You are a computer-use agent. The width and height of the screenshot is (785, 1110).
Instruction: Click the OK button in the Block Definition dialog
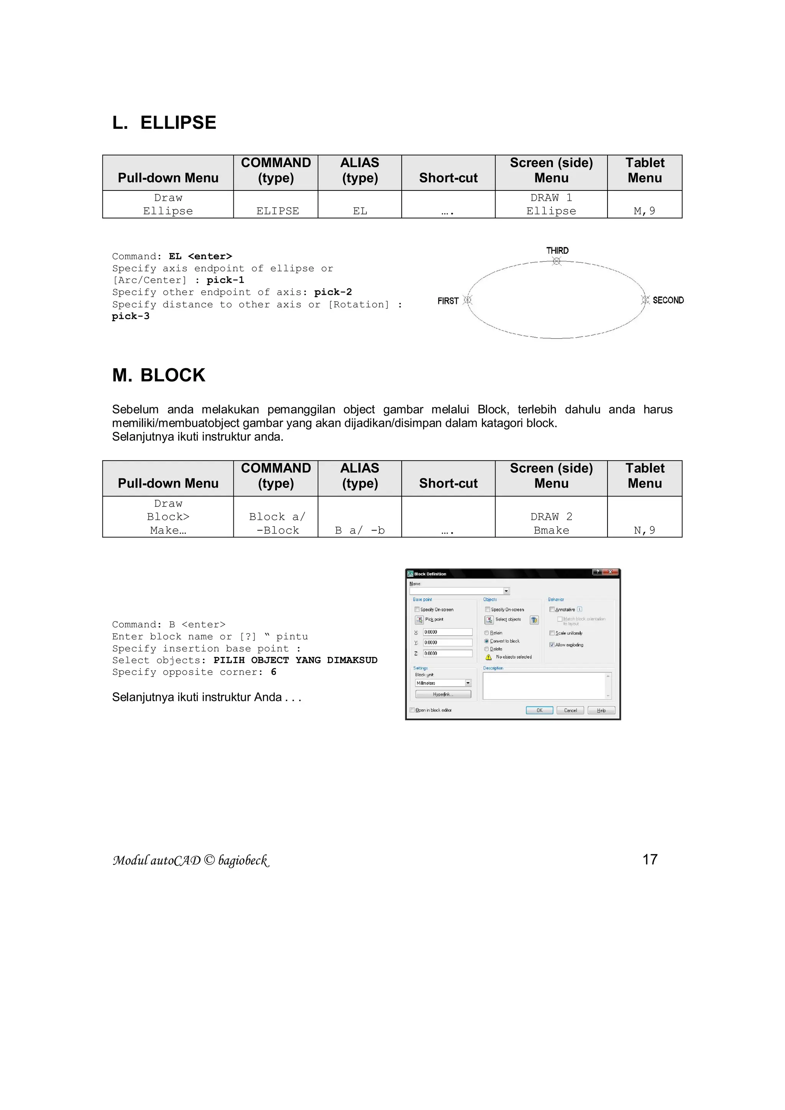coord(539,710)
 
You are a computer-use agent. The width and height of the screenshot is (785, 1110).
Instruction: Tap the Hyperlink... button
coord(443,694)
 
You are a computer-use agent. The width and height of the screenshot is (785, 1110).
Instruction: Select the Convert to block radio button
coord(487,641)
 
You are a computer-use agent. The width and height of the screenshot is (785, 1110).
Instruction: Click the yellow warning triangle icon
coord(488,657)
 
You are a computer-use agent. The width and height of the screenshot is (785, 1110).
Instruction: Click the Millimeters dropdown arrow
coord(468,683)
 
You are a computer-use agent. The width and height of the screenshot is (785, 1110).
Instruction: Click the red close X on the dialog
coord(611,572)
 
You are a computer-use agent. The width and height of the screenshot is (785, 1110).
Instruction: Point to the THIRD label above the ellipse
coord(557,250)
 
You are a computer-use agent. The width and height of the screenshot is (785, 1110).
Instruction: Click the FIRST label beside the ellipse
coord(448,301)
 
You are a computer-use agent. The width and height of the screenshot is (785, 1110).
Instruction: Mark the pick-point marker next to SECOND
coord(645,300)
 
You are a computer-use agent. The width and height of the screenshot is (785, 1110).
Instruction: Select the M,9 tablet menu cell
coord(644,211)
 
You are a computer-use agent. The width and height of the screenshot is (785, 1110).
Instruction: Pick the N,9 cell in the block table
coord(644,530)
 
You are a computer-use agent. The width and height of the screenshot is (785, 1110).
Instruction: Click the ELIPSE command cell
coord(278,211)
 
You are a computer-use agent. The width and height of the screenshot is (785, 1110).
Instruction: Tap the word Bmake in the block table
coord(551,530)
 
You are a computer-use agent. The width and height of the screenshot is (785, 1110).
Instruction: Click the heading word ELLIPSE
coord(178,123)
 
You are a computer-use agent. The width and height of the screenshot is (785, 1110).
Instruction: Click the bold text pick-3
coord(130,316)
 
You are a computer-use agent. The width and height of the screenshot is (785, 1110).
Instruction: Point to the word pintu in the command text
coord(292,637)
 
